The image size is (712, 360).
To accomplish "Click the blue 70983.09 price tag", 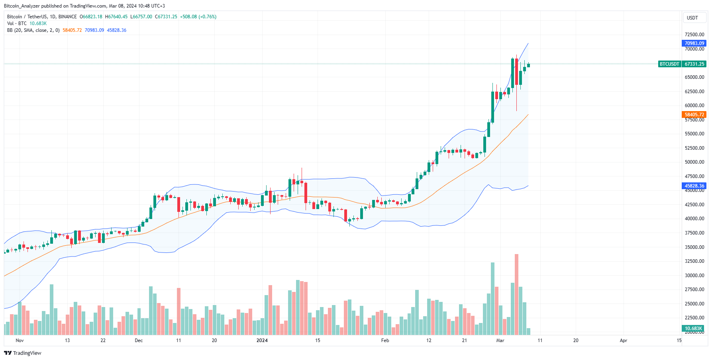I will pos(694,43).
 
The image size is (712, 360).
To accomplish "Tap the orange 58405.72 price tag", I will pos(694,114).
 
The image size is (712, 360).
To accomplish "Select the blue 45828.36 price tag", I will pos(694,186).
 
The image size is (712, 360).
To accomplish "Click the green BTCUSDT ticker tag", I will pos(669,64).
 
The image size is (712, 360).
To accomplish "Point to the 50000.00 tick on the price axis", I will pos(694,162).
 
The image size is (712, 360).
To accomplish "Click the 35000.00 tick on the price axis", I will pos(694,247).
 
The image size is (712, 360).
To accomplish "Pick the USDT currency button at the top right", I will pos(692,18).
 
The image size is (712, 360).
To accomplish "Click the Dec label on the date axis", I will pos(139,340).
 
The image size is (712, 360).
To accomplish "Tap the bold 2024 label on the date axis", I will pos(262,340).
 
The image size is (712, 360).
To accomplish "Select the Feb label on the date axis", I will pos(385,340).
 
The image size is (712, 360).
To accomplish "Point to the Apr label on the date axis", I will pos(624,340).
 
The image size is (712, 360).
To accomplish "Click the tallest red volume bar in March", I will pos(516,295).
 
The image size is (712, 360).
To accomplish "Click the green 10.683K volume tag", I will pos(693,329).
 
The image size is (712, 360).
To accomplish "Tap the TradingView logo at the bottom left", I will pos(23,353).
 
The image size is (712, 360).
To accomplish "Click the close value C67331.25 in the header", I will pos(166,17).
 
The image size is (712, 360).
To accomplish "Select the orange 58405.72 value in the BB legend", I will pos(72,30).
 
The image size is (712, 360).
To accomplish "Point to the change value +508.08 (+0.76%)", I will pos(198,17).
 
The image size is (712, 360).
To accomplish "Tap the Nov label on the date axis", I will pos(20,340).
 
